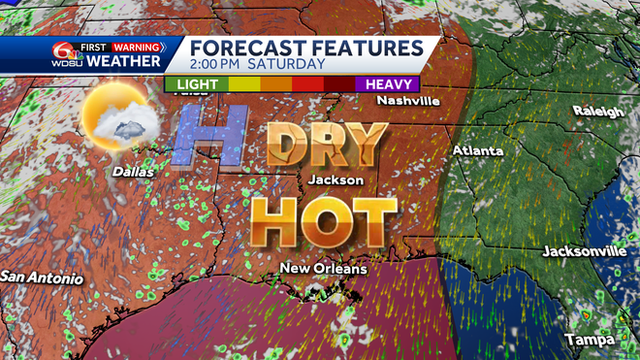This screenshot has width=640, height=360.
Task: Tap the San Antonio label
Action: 41,278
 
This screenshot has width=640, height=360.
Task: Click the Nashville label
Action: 408,101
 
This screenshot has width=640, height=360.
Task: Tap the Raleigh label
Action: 597,112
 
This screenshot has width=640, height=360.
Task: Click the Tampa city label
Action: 591,341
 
